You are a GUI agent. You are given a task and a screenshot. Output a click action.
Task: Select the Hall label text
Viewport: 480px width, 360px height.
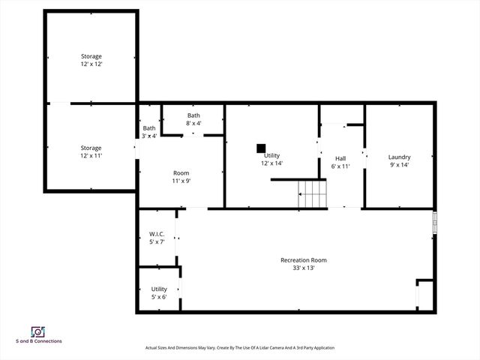340,158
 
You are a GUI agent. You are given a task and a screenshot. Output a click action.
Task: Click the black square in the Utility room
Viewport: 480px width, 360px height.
261,148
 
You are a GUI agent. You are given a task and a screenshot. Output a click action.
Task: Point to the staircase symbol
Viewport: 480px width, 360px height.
313,194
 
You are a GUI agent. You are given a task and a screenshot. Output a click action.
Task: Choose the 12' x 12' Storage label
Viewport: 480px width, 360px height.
91,60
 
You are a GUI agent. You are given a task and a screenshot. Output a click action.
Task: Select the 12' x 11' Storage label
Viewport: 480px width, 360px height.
91,151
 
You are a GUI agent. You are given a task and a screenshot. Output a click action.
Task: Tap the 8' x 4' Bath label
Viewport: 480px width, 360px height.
193,118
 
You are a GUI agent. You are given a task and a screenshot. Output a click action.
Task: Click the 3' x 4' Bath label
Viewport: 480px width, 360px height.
149,132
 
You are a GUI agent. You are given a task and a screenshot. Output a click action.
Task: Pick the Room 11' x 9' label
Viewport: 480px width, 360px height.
181,176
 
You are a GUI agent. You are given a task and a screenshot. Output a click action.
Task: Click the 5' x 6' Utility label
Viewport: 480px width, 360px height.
159,292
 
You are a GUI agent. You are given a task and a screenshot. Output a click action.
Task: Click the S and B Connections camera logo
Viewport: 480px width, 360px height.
37,331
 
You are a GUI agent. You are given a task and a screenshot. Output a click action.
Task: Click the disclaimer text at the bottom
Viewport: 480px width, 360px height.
239,348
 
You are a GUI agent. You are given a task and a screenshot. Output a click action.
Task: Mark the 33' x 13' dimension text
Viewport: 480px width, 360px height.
304,268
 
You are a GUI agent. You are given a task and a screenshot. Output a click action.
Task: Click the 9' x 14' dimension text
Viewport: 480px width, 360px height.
399,165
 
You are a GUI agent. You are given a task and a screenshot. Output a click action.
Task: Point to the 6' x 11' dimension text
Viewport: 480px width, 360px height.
340,166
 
